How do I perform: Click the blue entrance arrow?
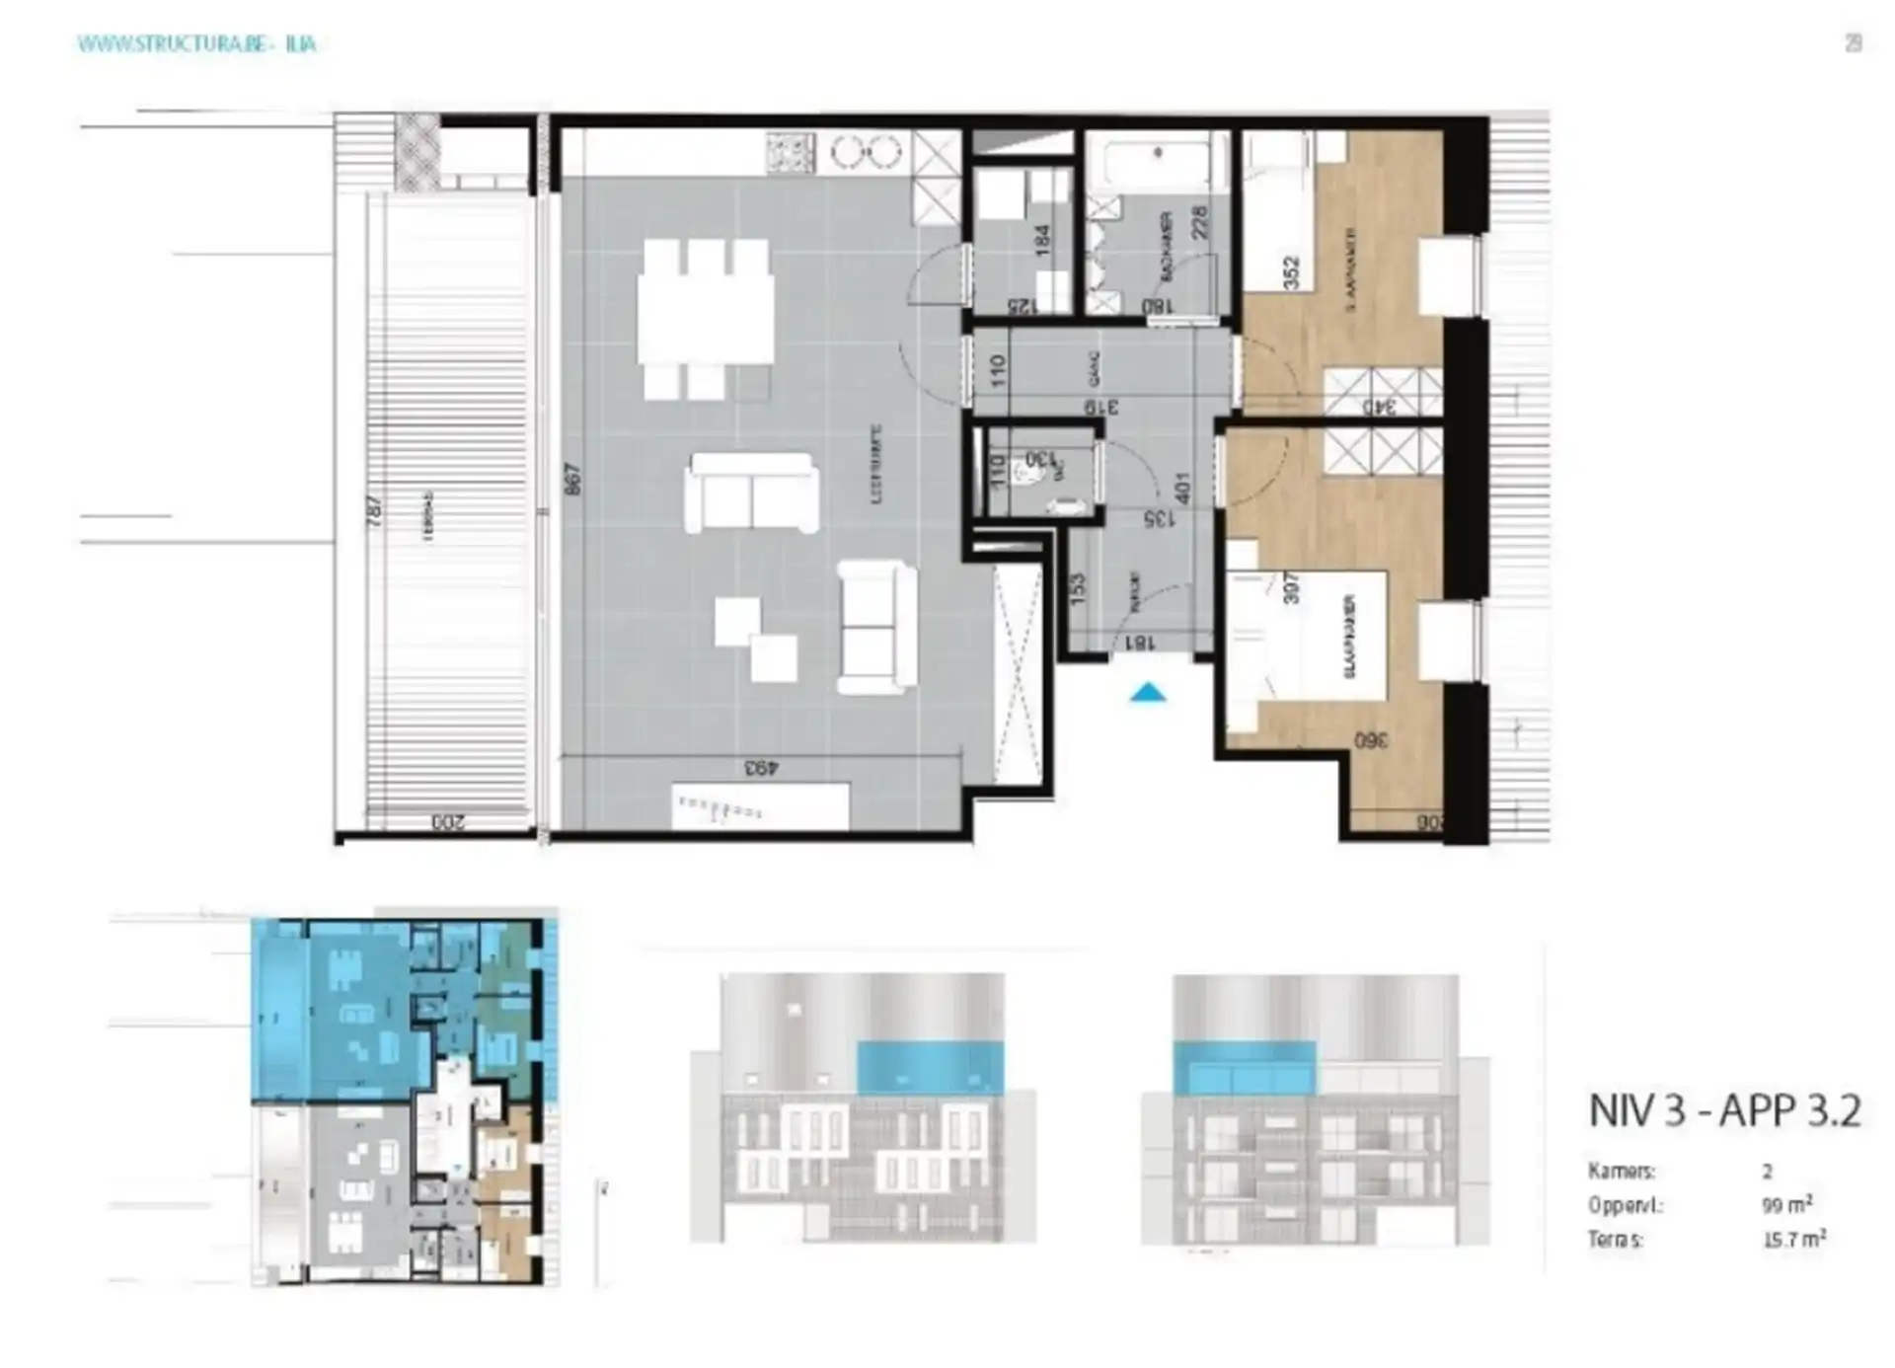pyautogui.click(x=1147, y=693)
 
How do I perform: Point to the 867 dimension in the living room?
pyautogui.click(x=574, y=479)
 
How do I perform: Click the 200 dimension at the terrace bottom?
pyautogui.click(x=447, y=821)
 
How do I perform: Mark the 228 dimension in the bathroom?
pyautogui.click(x=1199, y=222)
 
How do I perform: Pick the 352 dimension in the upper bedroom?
pyautogui.click(x=1291, y=272)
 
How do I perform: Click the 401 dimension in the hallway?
pyautogui.click(x=1182, y=487)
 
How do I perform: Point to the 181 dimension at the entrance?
pyautogui.click(x=1138, y=643)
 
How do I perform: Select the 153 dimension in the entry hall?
pyautogui.click(x=1078, y=589)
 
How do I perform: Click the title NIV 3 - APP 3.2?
pyautogui.click(x=1724, y=1110)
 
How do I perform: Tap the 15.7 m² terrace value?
pyautogui.click(x=1793, y=1239)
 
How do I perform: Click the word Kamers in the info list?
pyautogui.click(x=1621, y=1172)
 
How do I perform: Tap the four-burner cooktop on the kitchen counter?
pyautogui.click(x=790, y=153)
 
